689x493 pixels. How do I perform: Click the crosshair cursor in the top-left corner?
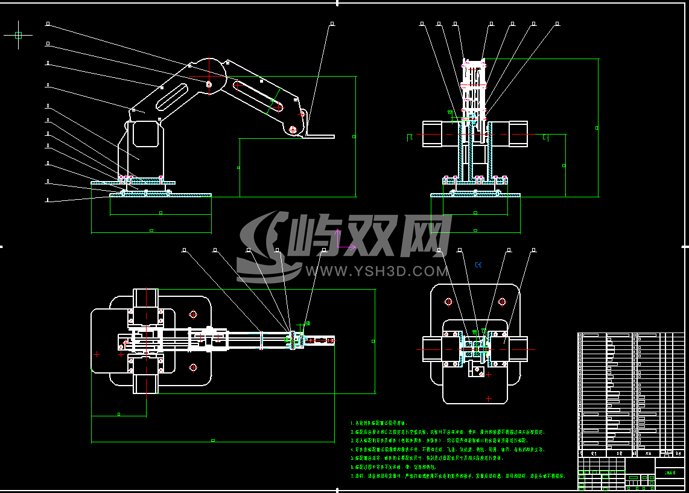(x=18, y=35)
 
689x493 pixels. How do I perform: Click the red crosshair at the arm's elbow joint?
(x=209, y=77)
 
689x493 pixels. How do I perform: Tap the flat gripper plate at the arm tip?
(x=320, y=135)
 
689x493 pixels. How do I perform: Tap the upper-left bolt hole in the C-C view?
(x=448, y=301)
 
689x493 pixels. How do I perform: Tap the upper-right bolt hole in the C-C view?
(x=502, y=301)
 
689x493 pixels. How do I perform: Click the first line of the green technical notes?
(x=379, y=423)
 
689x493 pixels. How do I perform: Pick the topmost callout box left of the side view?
(x=48, y=24)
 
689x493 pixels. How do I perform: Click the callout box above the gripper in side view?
(x=332, y=24)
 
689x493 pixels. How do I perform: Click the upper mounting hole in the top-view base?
(x=193, y=314)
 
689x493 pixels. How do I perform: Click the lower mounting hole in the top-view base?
(x=193, y=366)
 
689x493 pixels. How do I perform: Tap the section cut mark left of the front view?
(x=410, y=137)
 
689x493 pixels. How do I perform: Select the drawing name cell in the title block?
(x=670, y=473)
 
